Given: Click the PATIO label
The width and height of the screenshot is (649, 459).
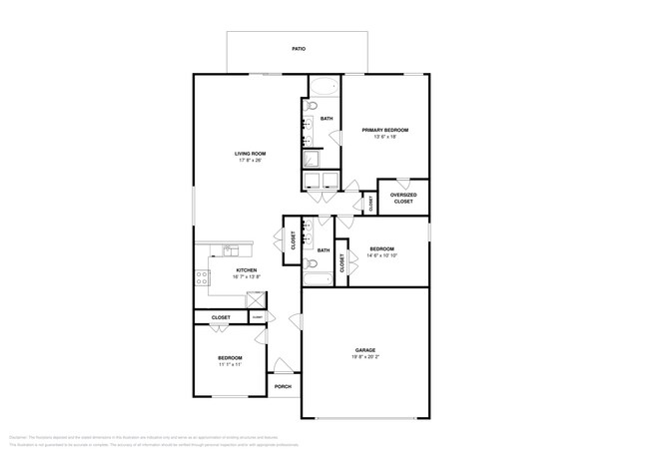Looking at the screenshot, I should point(298,48).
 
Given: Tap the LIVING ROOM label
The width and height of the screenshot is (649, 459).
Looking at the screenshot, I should point(251,154).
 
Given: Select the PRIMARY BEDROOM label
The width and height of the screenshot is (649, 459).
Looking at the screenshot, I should point(384,130).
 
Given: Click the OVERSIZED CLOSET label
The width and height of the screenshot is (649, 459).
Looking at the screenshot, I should point(402,199).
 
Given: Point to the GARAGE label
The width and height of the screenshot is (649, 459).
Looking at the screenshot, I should point(364,350).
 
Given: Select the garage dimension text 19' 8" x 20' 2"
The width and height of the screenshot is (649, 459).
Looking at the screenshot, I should point(364,358).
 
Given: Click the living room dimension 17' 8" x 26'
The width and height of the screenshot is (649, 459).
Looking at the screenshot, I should point(251,161).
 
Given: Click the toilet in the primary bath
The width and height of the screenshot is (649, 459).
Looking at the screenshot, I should point(311,105).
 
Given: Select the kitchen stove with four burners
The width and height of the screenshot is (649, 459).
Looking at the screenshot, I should point(203,279).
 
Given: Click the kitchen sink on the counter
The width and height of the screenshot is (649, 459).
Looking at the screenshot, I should point(228,248).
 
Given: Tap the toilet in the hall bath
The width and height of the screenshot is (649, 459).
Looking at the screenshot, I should point(311,265).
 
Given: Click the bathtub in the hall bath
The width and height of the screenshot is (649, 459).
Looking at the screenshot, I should point(318,280).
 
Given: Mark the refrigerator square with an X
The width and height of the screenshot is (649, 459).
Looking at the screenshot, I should point(257,298).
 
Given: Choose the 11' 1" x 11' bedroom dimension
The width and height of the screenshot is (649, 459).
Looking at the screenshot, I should point(231,364).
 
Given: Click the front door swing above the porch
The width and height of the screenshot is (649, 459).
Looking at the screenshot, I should point(284,366).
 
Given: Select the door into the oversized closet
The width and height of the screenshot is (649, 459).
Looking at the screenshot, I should point(402,183).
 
